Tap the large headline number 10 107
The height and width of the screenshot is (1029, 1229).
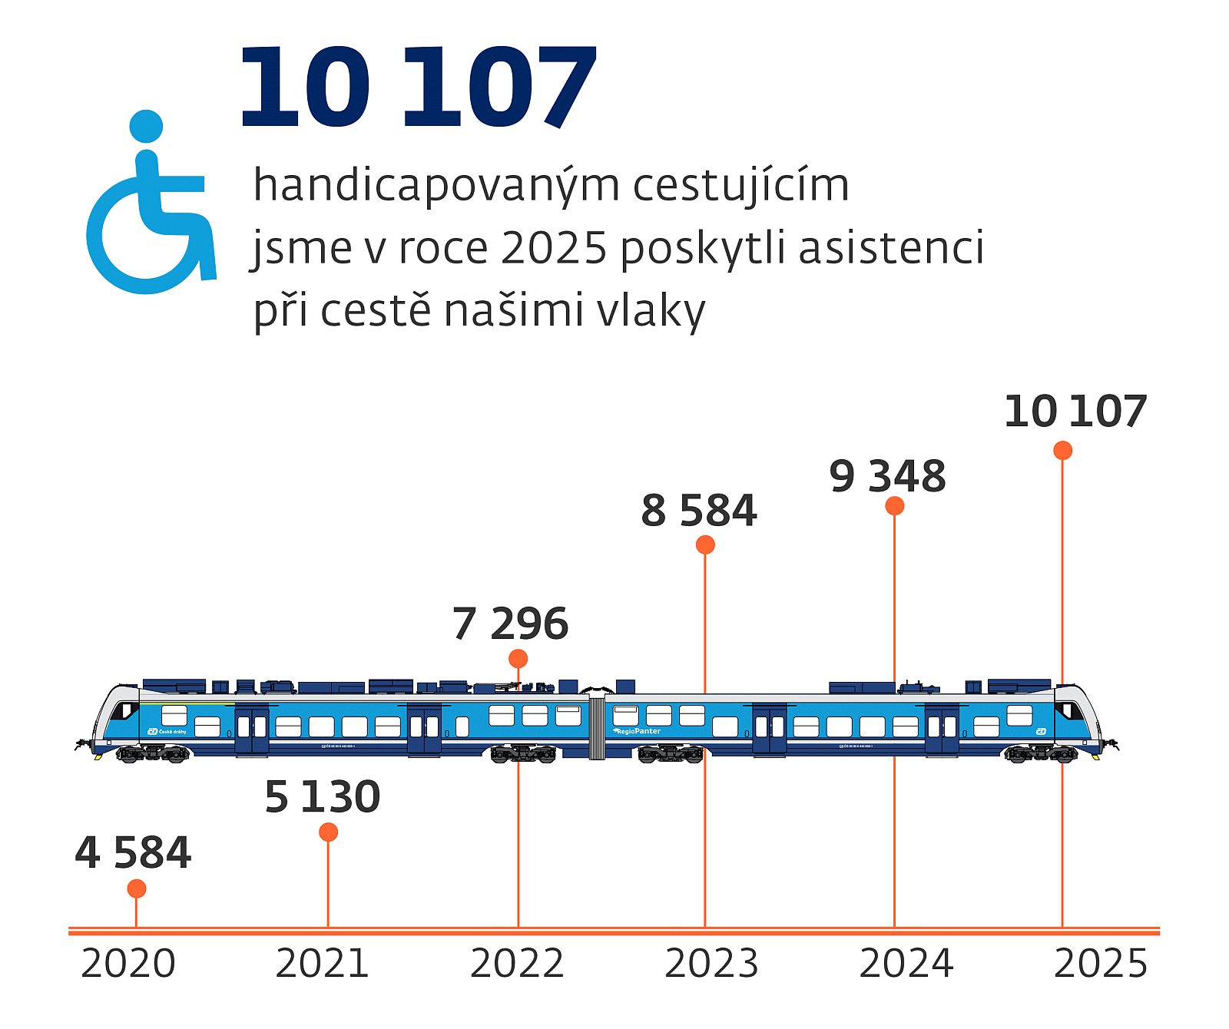[x=417, y=88]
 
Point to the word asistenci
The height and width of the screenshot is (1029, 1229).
[x=891, y=249]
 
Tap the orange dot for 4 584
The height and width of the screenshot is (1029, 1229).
[x=137, y=888]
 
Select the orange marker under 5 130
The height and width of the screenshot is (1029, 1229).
[x=328, y=832]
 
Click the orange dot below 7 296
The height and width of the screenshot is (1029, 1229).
[x=518, y=658]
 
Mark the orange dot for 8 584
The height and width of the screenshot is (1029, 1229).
[x=705, y=544]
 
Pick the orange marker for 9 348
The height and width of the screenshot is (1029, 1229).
[x=894, y=505]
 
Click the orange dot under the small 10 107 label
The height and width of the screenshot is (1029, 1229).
[x=1062, y=450]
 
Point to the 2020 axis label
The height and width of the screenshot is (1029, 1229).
[x=128, y=964]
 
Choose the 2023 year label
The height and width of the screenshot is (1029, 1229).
[x=711, y=964]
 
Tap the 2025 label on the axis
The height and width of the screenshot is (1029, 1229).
[x=1100, y=964]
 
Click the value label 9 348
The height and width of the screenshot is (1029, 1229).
[x=887, y=476]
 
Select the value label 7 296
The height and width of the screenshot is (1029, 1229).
[x=510, y=624]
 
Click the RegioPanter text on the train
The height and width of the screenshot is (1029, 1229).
[x=638, y=731]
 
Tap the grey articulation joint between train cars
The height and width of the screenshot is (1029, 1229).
[x=597, y=727]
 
